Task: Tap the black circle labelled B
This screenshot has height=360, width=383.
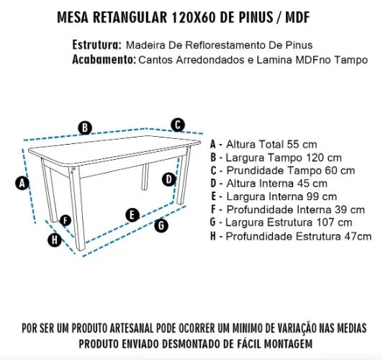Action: pyautogui.click(x=86, y=128)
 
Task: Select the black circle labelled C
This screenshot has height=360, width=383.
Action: pyautogui.click(x=178, y=124)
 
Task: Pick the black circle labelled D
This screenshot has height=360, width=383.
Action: pyautogui.click(x=168, y=179)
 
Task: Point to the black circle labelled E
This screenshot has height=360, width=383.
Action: pyautogui.click(x=132, y=214)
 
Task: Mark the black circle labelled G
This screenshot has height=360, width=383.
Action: pyautogui.click(x=161, y=225)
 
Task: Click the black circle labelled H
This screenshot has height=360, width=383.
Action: pyautogui.click(x=54, y=240)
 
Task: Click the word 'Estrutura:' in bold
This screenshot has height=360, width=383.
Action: pyautogui.click(x=96, y=45)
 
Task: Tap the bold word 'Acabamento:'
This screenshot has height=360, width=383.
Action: pyautogui.click(x=103, y=59)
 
